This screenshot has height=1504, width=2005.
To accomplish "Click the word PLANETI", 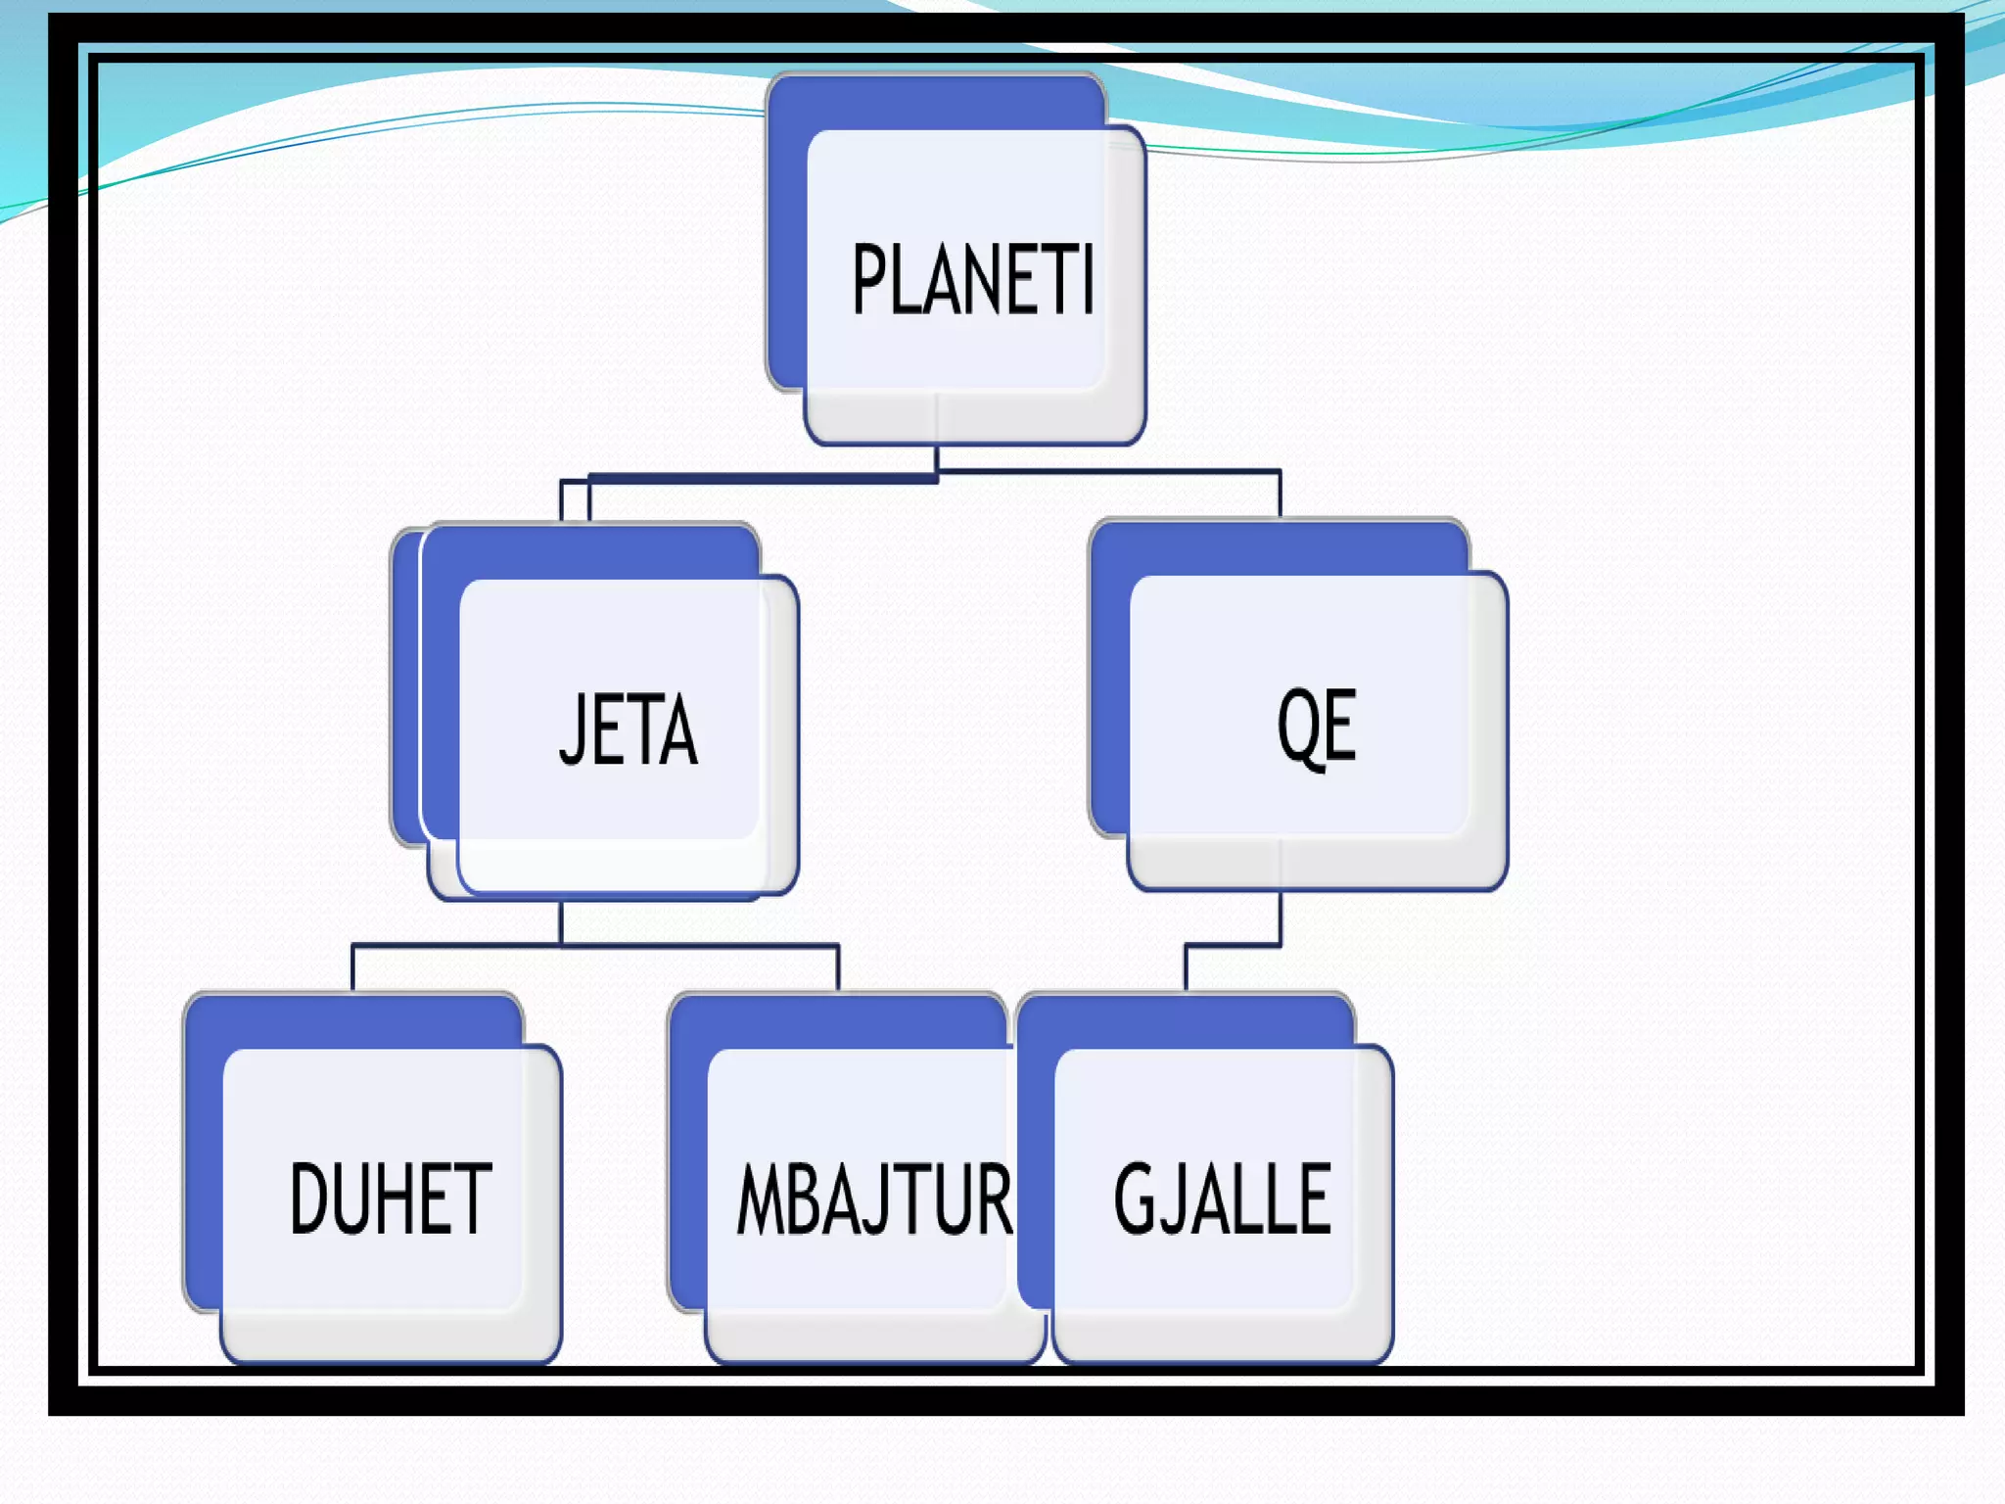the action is (x=972, y=280).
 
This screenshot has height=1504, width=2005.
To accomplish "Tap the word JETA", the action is (x=628, y=729).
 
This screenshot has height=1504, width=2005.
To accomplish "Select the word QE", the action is (x=1317, y=727).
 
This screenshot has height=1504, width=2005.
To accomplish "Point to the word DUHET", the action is (x=391, y=1198).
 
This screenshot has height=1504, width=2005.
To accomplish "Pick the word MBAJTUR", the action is (x=874, y=1199).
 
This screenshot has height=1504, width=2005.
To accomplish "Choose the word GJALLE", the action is (x=1223, y=1198).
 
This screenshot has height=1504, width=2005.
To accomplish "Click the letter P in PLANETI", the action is (x=868, y=280).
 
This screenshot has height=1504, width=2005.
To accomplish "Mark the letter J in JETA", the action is (x=571, y=729).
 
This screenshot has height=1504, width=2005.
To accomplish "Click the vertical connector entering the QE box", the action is (x=1280, y=494).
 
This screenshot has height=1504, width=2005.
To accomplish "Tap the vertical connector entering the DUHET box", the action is (x=352, y=968).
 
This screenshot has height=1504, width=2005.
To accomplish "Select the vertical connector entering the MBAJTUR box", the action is (x=838, y=968).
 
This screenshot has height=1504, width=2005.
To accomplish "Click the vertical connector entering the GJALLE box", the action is (x=1186, y=968).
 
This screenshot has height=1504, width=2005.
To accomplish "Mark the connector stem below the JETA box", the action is (x=561, y=922).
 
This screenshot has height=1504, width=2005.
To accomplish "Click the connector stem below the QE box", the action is (x=1280, y=917).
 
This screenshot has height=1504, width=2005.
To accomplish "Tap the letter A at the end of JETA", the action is (x=678, y=729).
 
